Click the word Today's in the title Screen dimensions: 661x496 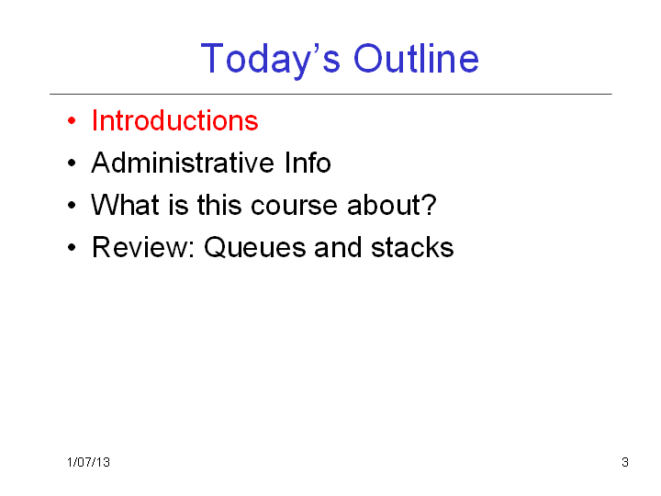[270, 59]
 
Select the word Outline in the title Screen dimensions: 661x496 [416, 58]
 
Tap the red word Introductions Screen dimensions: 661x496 [175, 120]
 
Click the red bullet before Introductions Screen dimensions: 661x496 [72, 121]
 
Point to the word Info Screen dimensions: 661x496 [308, 163]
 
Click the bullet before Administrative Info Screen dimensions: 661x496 [72, 163]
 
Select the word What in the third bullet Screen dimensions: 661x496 [125, 205]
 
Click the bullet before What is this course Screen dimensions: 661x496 [72, 206]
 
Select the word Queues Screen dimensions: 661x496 [254, 248]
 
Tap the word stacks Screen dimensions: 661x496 [412, 247]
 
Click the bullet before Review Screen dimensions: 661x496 [72, 248]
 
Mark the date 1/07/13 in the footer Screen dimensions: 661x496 [88, 462]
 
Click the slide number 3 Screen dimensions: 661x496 [625, 462]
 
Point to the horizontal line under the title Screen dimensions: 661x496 [330, 94]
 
